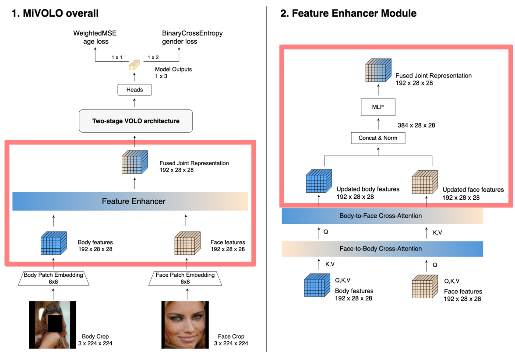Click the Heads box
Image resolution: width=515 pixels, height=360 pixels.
point(135,90)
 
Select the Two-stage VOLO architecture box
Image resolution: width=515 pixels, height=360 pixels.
point(136,121)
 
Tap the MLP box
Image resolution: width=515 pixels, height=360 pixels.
point(378,107)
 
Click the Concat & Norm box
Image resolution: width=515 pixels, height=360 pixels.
point(378,138)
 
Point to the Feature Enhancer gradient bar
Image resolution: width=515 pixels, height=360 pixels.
point(130,201)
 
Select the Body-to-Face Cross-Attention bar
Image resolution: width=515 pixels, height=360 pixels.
point(382,216)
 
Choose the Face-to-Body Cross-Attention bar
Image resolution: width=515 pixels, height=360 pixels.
point(382,249)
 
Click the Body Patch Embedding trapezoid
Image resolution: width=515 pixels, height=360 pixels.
point(53,278)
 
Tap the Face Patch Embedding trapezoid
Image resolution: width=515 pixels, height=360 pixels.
point(185,278)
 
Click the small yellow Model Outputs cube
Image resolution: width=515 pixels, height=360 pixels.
point(134,65)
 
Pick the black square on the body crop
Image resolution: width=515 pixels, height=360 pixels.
point(55,323)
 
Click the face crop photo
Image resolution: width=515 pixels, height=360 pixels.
point(185,325)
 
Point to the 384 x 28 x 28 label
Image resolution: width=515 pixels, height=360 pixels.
point(416,125)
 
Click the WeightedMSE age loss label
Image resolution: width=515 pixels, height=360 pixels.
point(95,37)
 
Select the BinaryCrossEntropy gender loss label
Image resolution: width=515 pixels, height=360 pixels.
point(192,37)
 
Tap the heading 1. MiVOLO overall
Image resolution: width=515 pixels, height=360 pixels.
point(55,13)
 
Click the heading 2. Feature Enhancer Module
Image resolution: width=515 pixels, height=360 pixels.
point(348,13)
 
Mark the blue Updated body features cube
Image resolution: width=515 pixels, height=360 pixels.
point(319,181)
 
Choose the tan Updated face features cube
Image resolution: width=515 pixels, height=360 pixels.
point(425,182)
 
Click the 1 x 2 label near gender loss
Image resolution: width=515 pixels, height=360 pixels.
point(153,57)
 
